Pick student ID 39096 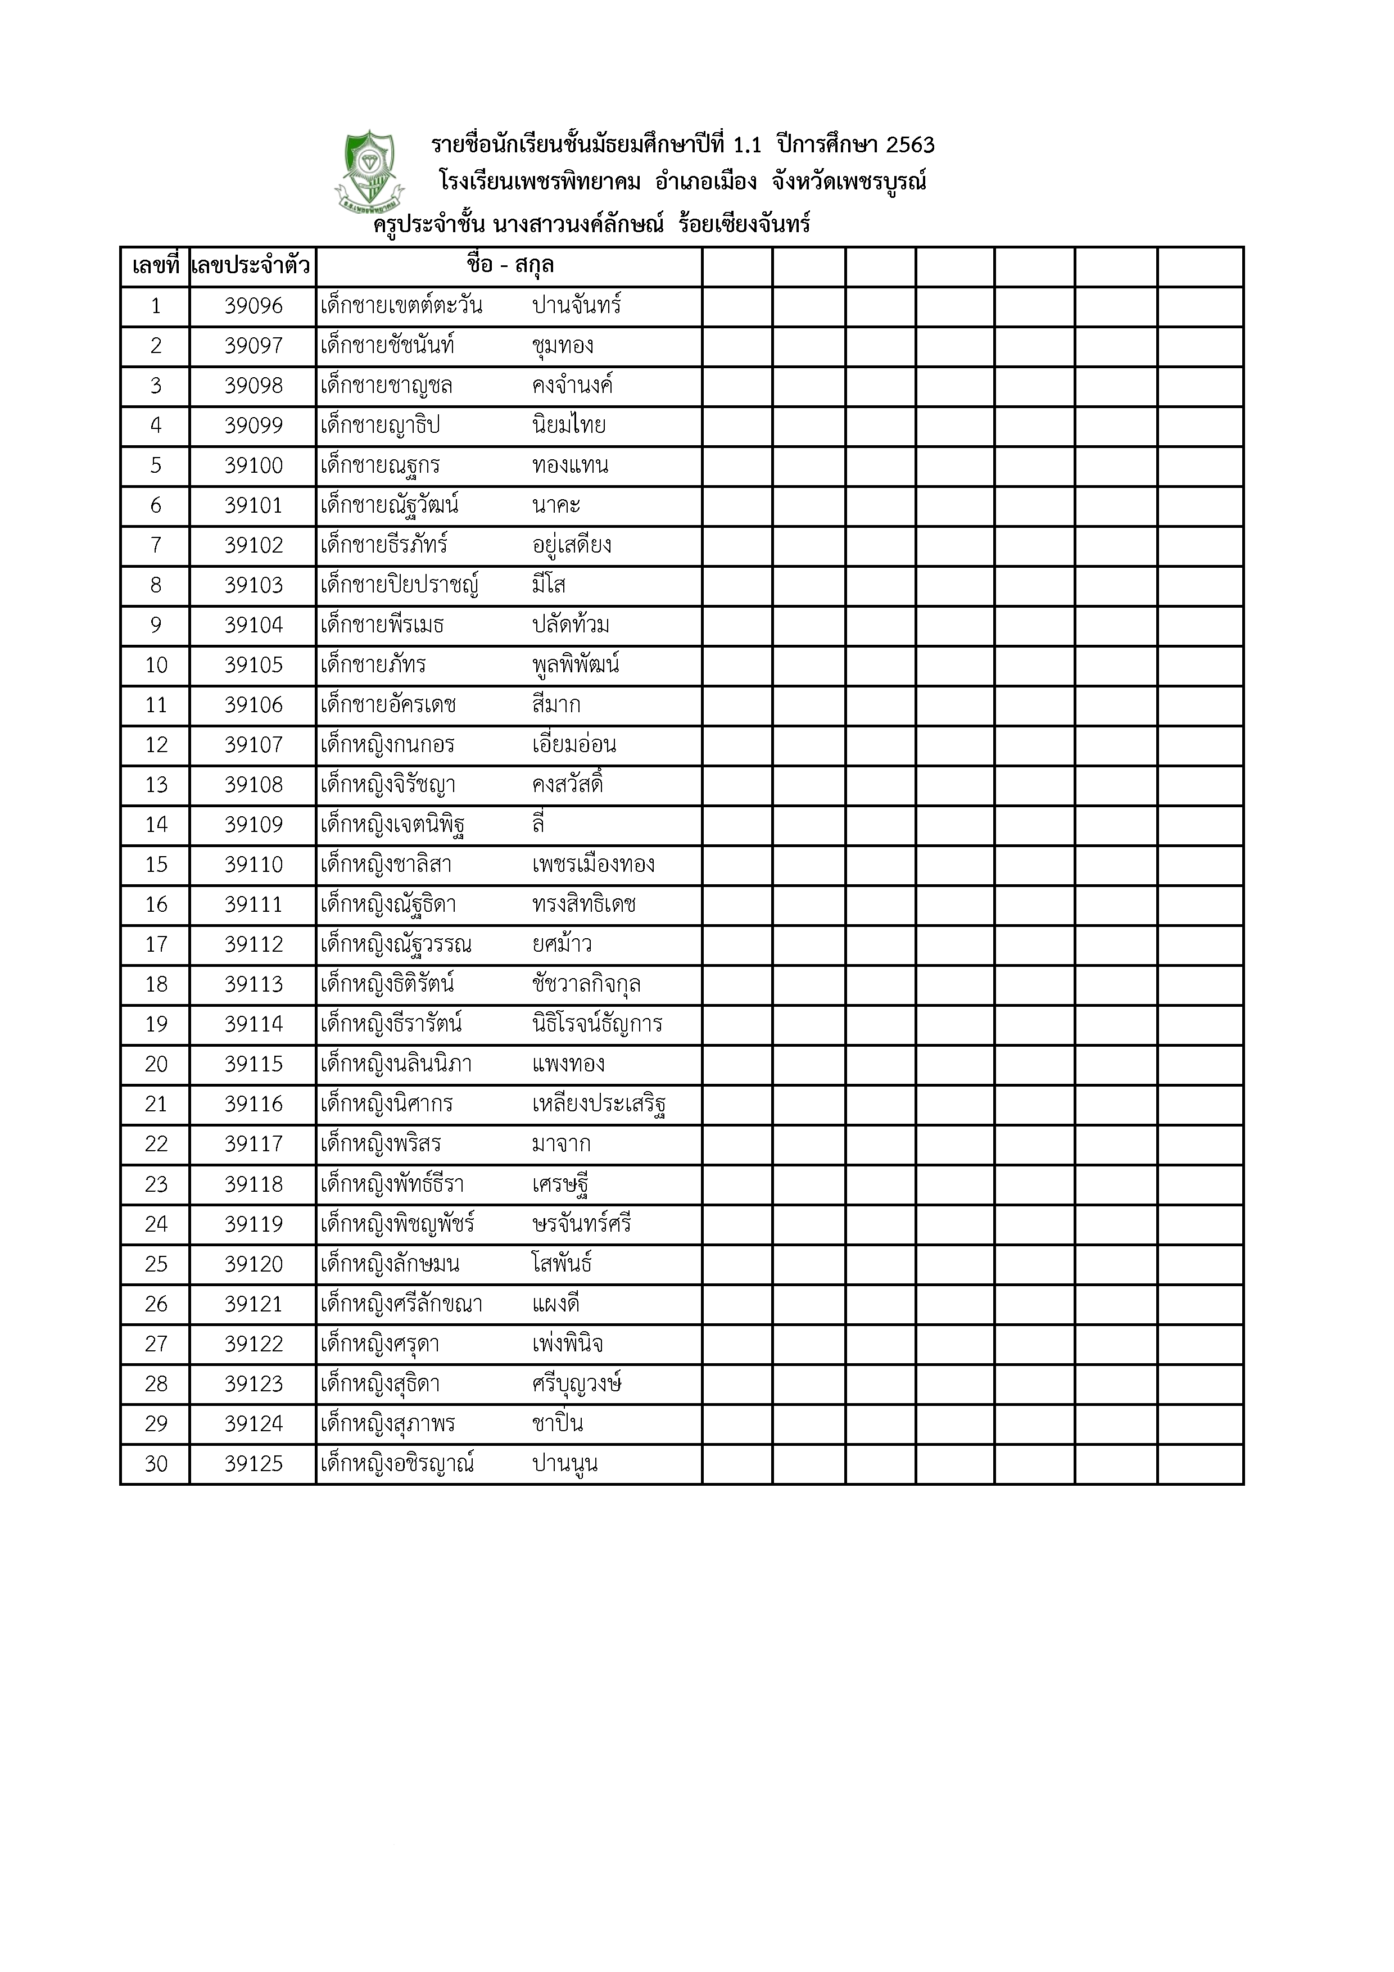pyautogui.click(x=254, y=306)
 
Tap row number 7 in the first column pyautogui.click(x=156, y=545)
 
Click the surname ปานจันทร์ pyautogui.click(x=576, y=306)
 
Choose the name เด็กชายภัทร pyautogui.click(x=373, y=666)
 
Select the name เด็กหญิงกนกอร pyautogui.click(x=387, y=745)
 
